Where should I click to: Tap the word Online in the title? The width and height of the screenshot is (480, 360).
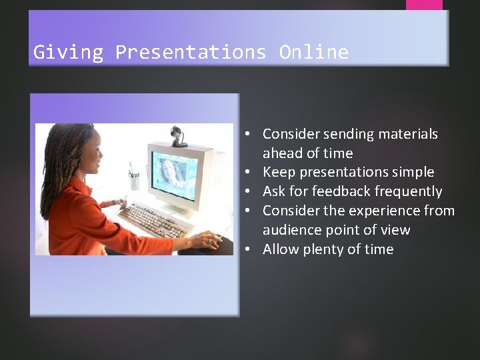tap(313, 52)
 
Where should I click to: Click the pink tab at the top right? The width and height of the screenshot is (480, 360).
tap(424, 5)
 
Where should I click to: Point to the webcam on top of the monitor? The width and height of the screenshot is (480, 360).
tap(179, 135)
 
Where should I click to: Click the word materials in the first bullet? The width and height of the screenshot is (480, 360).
tap(407, 134)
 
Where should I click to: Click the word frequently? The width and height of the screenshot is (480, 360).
tap(409, 191)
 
